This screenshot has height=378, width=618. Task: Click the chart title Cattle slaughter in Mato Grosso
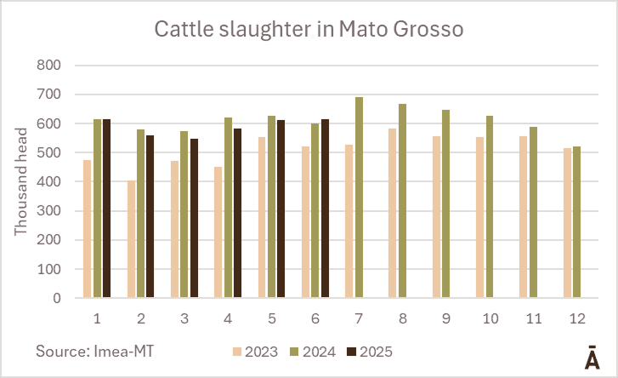pyautogui.click(x=309, y=29)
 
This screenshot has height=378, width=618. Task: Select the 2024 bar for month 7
pyautogui.click(x=359, y=198)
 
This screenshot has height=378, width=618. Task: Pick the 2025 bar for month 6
pyautogui.click(x=324, y=209)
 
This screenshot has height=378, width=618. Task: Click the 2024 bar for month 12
pyautogui.click(x=576, y=222)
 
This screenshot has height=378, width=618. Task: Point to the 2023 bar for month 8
pyautogui.click(x=393, y=214)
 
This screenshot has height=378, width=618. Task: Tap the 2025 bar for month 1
pyautogui.click(x=106, y=209)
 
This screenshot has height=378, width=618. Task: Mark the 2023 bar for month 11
pyautogui.click(x=523, y=217)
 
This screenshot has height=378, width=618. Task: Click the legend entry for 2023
pyautogui.click(x=256, y=351)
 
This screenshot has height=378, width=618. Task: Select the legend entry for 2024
pyautogui.click(x=309, y=351)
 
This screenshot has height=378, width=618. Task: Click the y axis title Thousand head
pyautogui.click(x=21, y=180)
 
